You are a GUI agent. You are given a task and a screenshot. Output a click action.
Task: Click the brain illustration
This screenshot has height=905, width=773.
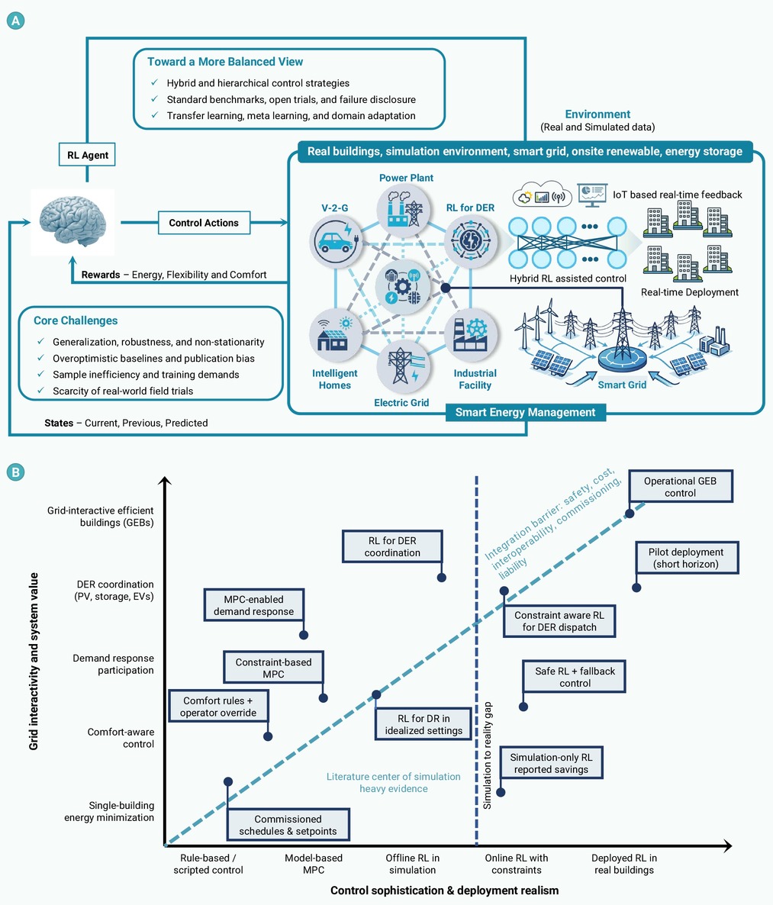(72, 222)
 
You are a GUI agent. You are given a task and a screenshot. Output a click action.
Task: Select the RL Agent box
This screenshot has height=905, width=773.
(87, 155)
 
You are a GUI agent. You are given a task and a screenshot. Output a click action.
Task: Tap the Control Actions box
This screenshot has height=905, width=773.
(204, 223)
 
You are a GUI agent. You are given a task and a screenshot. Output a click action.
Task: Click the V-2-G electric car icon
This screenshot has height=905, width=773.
(336, 241)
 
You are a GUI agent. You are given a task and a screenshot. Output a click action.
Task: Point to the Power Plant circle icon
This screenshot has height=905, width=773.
(403, 211)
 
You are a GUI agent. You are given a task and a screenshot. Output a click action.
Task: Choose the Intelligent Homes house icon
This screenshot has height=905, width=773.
(336, 335)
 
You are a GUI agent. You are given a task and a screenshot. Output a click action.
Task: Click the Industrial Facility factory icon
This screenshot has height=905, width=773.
(471, 335)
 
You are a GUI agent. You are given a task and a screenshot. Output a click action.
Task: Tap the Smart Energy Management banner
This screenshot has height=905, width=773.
(525, 412)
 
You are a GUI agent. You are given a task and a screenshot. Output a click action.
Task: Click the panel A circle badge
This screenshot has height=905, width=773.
(15, 21)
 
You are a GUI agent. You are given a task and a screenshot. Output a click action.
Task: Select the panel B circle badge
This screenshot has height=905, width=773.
(15, 472)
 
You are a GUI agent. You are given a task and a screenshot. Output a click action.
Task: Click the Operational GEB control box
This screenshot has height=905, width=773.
(681, 487)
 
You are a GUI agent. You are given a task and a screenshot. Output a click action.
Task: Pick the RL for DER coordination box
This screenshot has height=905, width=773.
(392, 546)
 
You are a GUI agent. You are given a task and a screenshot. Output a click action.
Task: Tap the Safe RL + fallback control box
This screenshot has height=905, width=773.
(575, 676)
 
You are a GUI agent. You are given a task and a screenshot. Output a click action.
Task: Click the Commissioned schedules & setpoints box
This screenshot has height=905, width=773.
(288, 825)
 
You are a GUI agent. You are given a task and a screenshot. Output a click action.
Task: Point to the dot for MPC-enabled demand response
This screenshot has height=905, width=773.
(304, 635)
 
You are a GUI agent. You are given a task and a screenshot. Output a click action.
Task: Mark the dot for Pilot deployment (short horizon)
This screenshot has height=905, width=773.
(636, 588)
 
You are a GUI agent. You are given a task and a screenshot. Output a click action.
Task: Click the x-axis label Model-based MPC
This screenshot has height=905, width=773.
(314, 864)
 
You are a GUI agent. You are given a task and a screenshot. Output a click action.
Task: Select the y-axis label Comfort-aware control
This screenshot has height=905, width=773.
(121, 738)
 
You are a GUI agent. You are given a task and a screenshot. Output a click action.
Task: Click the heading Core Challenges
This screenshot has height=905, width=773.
(76, 320)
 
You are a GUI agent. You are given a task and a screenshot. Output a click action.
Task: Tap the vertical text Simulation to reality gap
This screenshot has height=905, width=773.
(488, 755)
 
